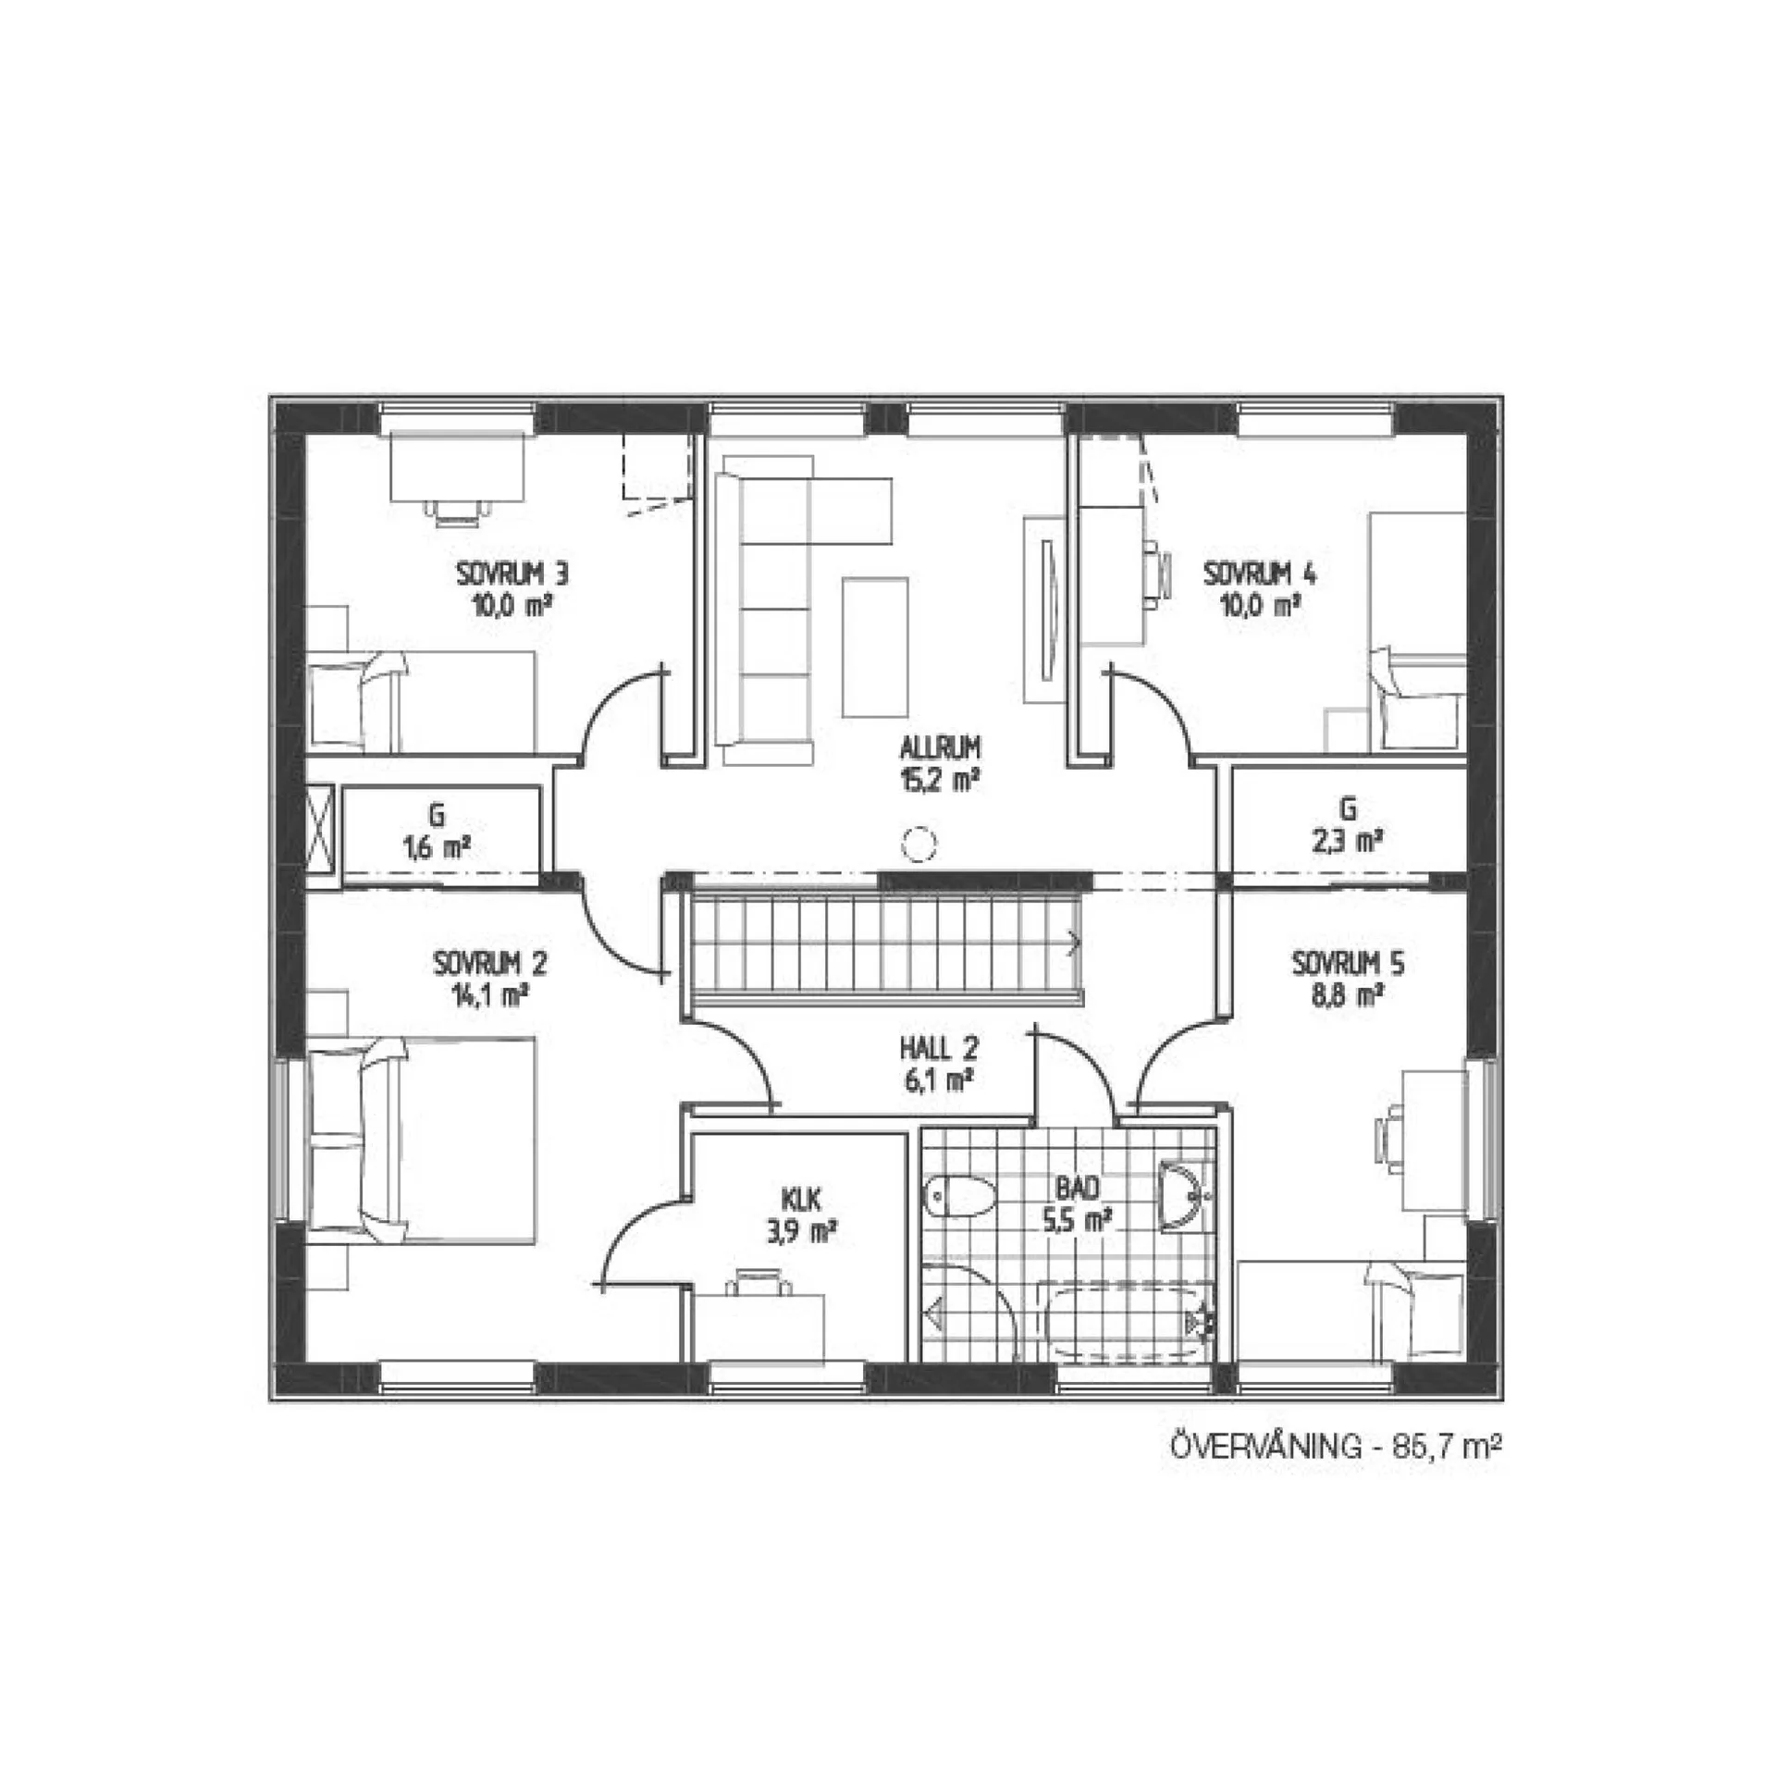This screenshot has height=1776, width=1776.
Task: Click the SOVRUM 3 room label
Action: coord(512,574)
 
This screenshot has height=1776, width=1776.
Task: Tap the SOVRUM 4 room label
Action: coord(1259,574)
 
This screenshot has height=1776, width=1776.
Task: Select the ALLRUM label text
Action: coord(940,746)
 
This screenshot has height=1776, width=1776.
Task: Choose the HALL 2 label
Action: coord(939,1048)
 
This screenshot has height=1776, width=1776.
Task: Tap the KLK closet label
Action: coord(801,1201)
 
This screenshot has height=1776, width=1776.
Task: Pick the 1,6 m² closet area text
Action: coord(438,847)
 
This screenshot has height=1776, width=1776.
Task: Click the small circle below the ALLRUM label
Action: coord(919,844)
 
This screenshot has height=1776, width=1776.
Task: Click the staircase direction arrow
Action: coord(1074,943)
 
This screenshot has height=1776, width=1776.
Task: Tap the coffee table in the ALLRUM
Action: coord(874,647)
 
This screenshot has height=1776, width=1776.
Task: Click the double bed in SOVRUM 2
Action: coord(422,1140)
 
